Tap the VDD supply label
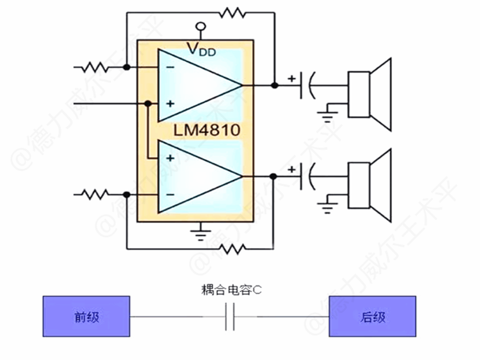201,50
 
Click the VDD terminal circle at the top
200,25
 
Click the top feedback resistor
232,12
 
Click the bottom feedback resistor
232,249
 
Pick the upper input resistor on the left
95,68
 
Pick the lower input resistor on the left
95,194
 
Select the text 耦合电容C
230,291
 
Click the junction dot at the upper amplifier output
275,85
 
